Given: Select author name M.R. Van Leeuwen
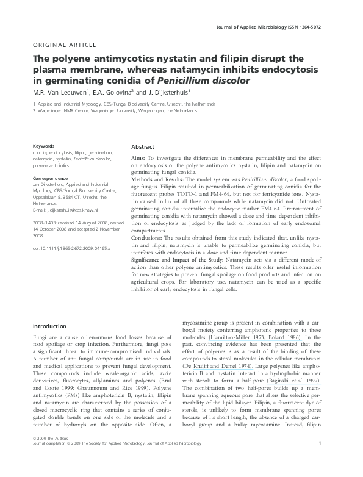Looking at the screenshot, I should point(60,92).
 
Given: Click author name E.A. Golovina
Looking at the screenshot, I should point(115,92).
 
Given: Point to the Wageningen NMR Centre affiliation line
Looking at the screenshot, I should point(116,111).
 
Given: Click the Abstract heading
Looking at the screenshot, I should point(142,148).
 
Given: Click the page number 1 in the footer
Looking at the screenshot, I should point(328,461).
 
